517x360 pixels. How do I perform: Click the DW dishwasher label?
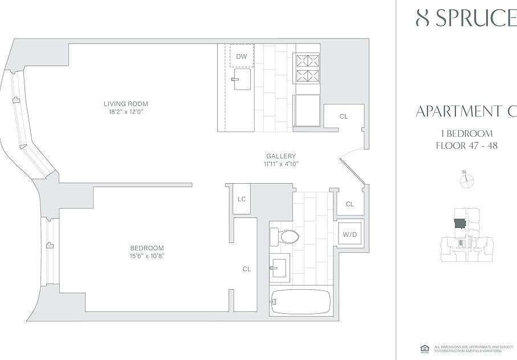tap(242, 56)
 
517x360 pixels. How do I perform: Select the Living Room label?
tap(126, 104)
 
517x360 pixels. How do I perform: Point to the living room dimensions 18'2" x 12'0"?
tap(126, 112)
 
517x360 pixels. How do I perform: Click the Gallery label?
tap(281, 156)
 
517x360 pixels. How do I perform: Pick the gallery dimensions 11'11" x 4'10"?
tap(281, 164)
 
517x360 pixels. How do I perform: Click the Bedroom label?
tap(147, 248)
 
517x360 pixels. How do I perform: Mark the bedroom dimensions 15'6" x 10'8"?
tap(147, 256)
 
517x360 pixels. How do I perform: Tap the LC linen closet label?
tap(242, 199)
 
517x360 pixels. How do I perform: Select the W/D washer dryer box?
tap(349, 234)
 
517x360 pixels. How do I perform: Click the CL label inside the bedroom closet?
tap(247, 269)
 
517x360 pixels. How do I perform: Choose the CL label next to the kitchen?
tap(344, 116)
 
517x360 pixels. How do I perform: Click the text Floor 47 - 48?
tap(466, 145)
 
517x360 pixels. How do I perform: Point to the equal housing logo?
tap(424, 347)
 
